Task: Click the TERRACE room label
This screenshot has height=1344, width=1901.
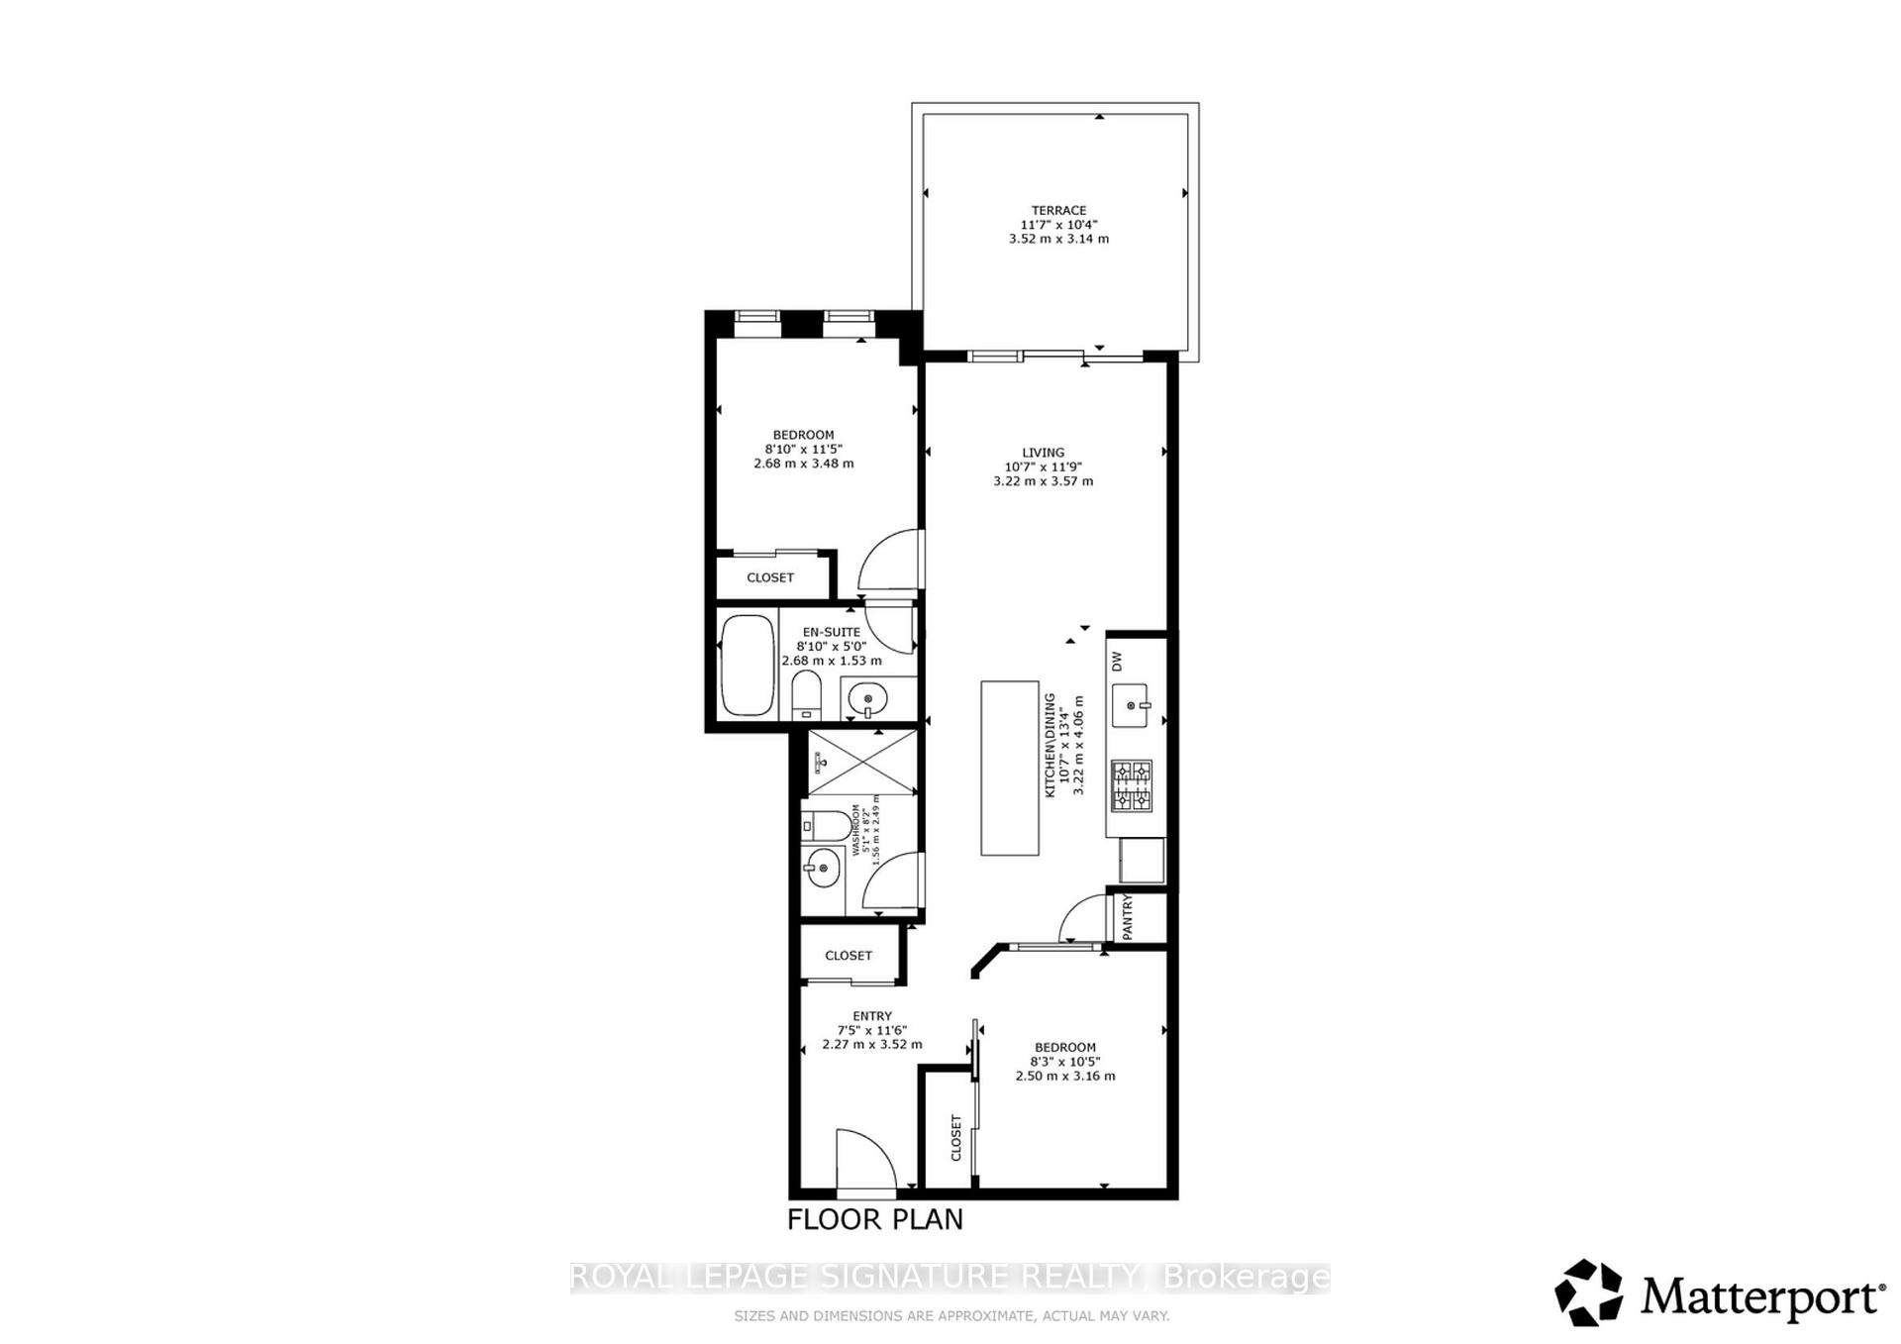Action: (x=1058, y=210)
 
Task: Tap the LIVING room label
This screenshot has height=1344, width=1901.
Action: (x=1043, y=453)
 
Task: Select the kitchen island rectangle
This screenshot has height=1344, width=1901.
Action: (x=1009, y=768)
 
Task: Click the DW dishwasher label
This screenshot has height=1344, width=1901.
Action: (x=1117, y=661)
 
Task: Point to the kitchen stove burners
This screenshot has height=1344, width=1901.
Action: (x=1131, y=785)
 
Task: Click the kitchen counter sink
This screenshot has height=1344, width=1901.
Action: (x=1131, y=705)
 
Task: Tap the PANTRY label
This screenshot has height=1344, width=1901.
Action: (x=1127, y=917)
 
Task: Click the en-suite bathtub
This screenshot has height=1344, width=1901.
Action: (x=748, y=665)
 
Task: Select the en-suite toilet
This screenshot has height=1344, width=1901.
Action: (x=806, y=695)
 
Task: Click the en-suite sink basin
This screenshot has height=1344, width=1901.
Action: (x=868, y=699)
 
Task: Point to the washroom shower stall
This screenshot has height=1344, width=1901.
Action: (x=862, y=762)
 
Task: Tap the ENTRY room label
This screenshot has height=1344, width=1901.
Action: (x=871, y=1016)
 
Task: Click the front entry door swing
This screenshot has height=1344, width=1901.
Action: (x=865, y=1159)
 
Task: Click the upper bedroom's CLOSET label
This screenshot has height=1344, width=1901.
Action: (x=769, y=577)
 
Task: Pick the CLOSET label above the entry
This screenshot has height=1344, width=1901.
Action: (x=849, y=956)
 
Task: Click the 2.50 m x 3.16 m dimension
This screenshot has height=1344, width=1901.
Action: (x=1064, y=1076)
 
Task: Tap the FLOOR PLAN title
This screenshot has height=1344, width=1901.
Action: (x=874, y=1219)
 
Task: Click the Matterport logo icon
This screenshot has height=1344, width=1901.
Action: (x=1588, y=1292)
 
